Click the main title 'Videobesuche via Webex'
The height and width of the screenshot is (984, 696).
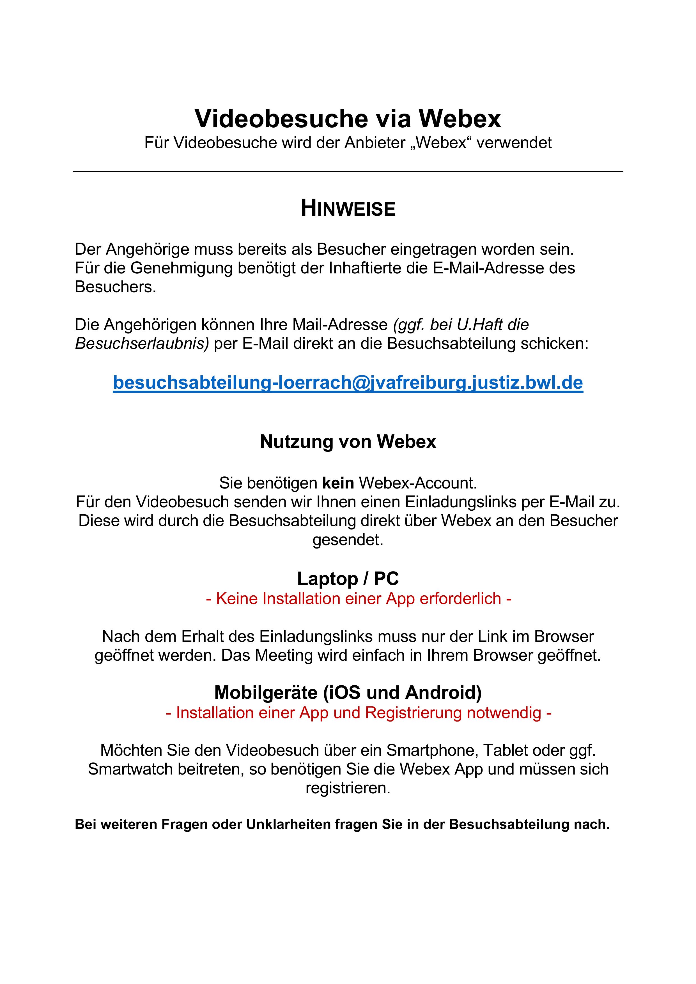[x=348, y=118]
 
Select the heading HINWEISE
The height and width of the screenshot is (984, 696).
[x=348, y=209]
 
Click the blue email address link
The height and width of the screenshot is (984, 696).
[x=348, y=382]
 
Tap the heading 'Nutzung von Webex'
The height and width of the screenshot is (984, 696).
[x=348, y=441]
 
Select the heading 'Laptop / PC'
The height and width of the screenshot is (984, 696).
[x=348, y=579]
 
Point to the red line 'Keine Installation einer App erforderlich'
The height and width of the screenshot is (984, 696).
[x=359, y=598]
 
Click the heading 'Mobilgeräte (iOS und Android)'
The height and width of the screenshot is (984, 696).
[x=348, y=692]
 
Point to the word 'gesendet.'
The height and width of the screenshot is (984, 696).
[x=348, y=540]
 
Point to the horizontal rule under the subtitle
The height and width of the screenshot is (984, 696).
[x=348, y=172]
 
